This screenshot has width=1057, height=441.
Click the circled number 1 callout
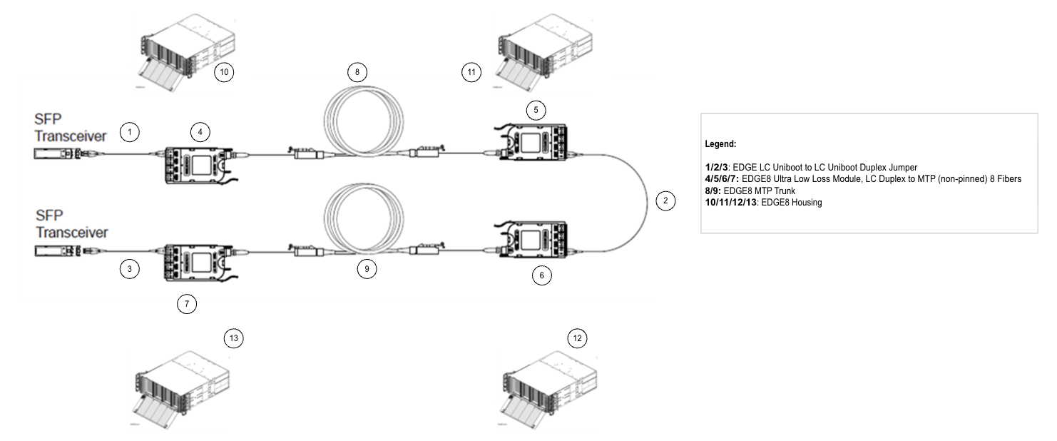[x=129, y=132]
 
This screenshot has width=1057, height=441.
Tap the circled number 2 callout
[x=665, y=201]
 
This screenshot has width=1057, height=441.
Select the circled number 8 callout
[x=357, y=72]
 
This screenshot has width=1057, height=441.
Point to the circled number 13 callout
[x=233, y=338]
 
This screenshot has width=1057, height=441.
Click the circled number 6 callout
[x=542, y=276]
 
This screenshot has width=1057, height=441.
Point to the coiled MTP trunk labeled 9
[x=364, y=228]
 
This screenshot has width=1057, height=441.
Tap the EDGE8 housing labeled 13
[x=178, y=386]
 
